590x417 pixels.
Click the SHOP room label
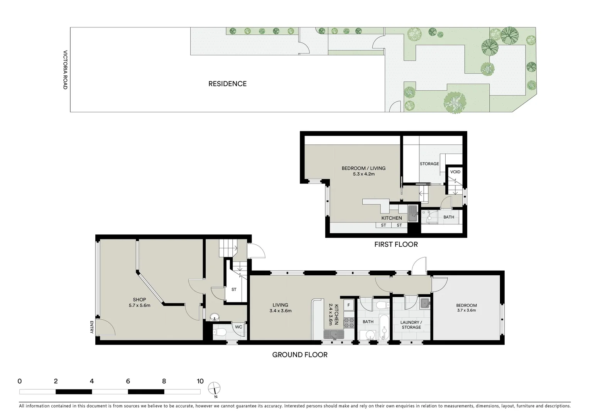(x=139, y=300)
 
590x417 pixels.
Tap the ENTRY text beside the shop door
(x=92, y=327)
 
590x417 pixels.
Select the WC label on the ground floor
(x=238, y=327)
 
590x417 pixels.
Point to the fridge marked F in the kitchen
(x=348, y=305)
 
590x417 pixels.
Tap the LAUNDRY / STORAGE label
(x=411, y=325)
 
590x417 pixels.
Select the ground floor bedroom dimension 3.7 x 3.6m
(x=467, y=310)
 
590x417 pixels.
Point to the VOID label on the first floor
(x=455, y=172)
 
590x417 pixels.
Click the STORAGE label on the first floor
(x=429, y=164)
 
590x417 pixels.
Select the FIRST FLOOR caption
(x=396, y=244)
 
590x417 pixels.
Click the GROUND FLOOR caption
(x=300, y=355)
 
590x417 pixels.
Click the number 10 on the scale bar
(x=200, y=381)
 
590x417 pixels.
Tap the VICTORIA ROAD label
(x=65, y=70)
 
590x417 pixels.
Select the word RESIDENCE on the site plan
(x=227, y=84)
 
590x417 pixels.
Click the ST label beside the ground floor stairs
(x=234, y=289)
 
